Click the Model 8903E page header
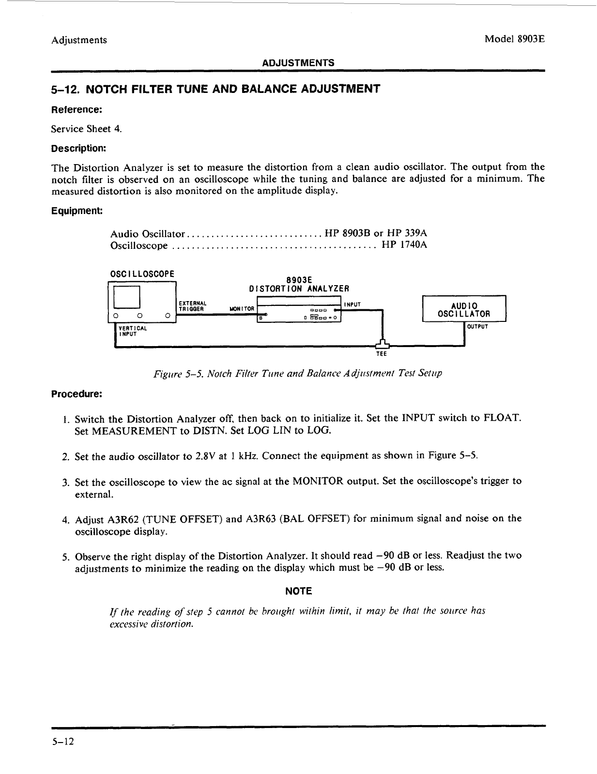point(515,39)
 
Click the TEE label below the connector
point(382,354)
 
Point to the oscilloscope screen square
point(126,297)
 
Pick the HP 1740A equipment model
point(404,245)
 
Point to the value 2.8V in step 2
point(206,456)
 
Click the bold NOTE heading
point(298,591)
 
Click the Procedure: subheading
point(77,394)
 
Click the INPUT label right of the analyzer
point(352,304)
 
